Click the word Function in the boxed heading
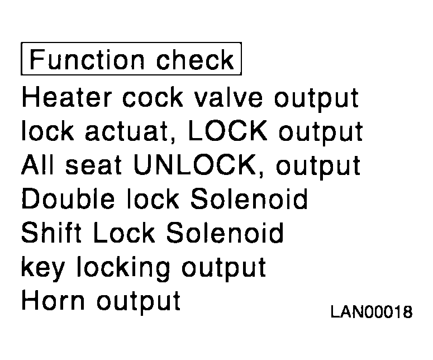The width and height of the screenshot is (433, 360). coord(87,59)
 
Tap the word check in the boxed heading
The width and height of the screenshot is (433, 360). coord(195,59)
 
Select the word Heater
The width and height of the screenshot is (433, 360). coord(67,97)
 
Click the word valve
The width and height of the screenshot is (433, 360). coord(228,97)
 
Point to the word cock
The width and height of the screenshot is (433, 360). coord(153,97)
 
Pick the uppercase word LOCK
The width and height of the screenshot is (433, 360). coord(228,131)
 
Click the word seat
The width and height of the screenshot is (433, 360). coord(94,165)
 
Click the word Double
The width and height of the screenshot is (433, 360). coord(68,198)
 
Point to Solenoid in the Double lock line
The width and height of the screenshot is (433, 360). coord(249,198)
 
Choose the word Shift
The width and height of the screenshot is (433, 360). coord(51,233)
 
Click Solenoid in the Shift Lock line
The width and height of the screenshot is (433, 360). coord(225,233)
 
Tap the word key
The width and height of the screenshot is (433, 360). coord(43,267)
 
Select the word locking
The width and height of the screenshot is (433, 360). coord(123,267)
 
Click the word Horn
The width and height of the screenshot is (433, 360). coord(53,300)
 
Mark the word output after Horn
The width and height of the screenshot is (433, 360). coord(139,302)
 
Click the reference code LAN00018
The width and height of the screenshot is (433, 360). coord(372,312)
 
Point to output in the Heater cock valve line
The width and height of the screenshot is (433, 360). coord(316,99)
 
